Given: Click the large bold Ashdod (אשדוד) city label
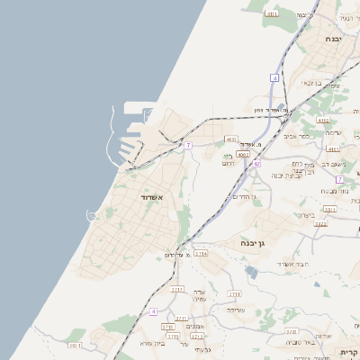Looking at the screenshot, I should pos(151,196).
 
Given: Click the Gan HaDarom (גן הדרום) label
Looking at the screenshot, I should pos(244,196).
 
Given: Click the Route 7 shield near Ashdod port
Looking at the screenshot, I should pos(188,145).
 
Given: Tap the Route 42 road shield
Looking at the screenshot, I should pos(256,164).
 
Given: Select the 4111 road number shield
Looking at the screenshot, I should pos(333,148).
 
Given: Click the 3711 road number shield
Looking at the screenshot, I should pos(234,293).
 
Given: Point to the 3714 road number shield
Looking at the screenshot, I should pos(201,255).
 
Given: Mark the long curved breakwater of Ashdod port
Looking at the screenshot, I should pos(113,130).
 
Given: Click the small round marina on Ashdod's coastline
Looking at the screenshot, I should pos(92,215).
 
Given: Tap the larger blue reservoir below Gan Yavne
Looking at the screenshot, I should pos(250,271).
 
